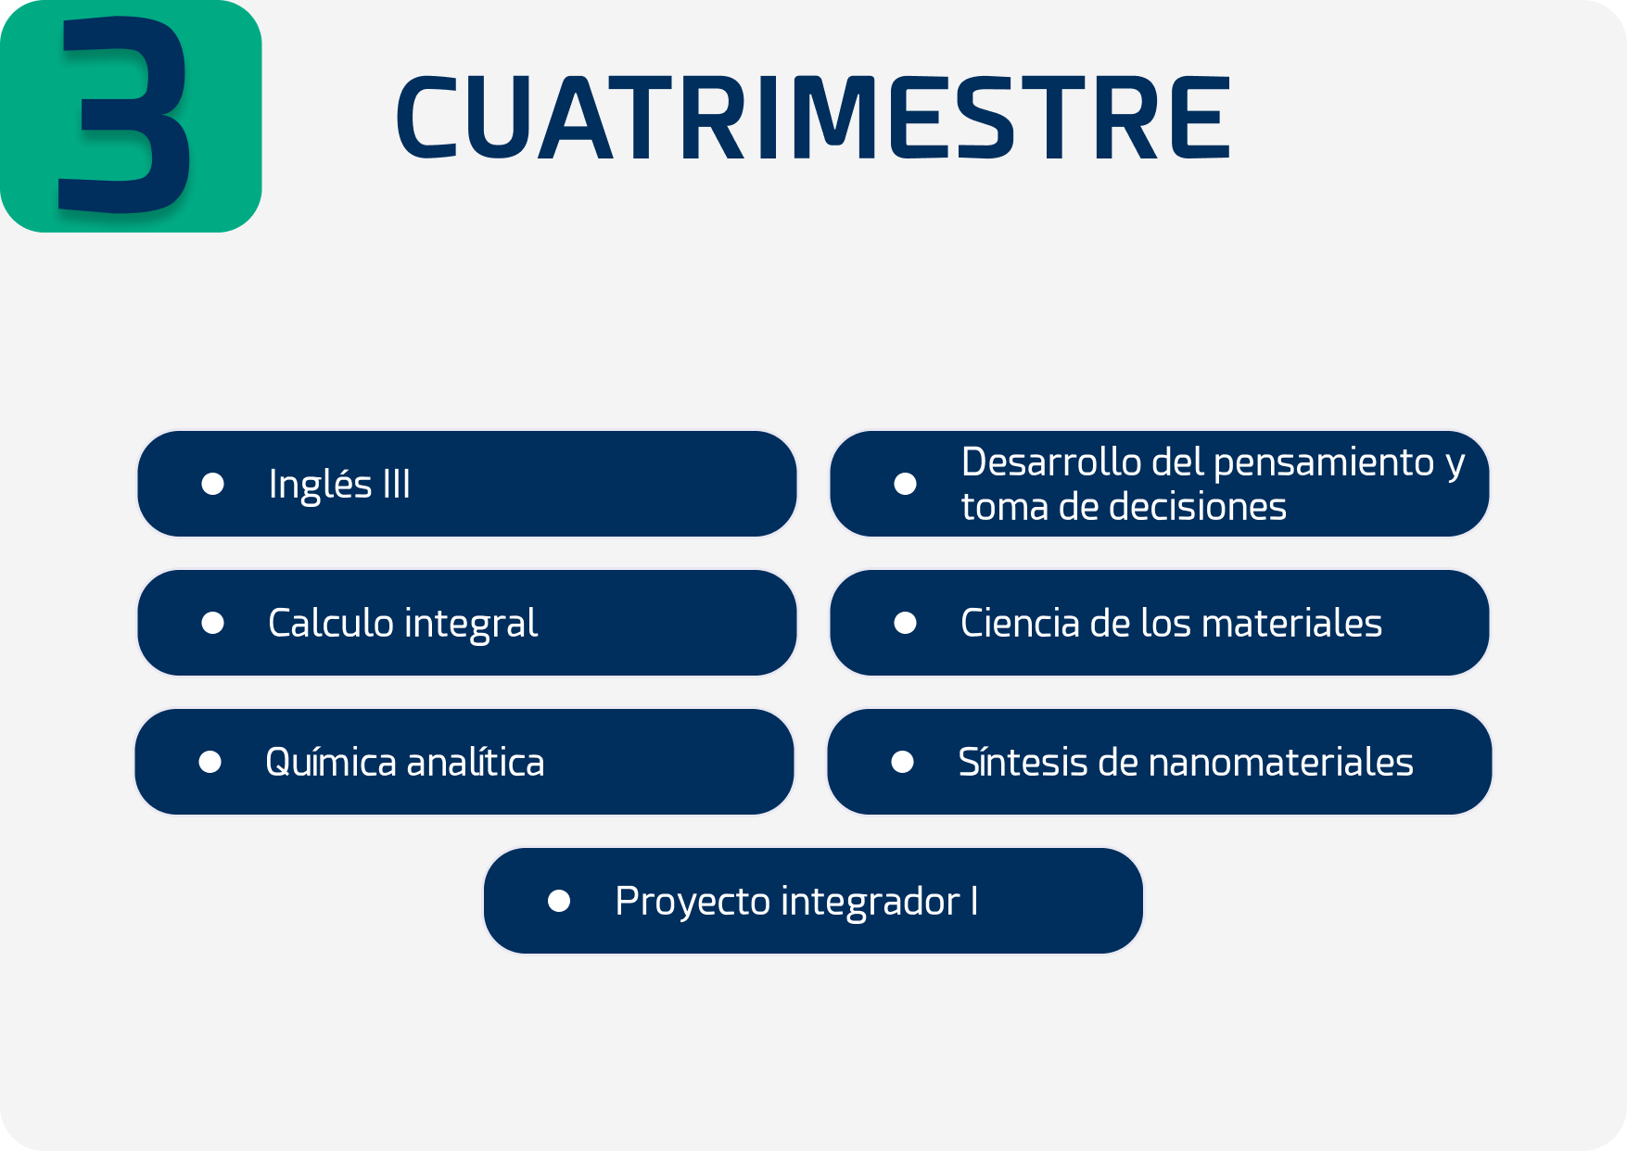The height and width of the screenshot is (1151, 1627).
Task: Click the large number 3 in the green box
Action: click(x=125, y=113)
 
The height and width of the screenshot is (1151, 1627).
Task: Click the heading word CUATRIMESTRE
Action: click(x=813, y=118)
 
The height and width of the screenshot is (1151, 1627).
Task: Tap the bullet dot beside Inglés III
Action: click(x=212, y=484)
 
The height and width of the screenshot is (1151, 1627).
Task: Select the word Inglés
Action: click(x=320, y=485)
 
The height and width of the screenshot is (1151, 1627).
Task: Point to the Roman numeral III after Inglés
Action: click(x=396, y=485)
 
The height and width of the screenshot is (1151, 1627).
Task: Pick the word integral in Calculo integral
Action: click(x=471, y=624)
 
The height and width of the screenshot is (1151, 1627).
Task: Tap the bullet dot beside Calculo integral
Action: click(x=212, y=623)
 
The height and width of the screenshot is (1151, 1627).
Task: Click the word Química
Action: click(x=330, y=762)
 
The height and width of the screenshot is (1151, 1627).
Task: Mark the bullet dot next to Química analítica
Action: click(x=210, y=762)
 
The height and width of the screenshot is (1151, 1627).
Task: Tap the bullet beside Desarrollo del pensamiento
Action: click(x=905, y=484)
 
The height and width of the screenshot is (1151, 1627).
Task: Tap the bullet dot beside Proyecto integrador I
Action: click(x=559, y=901)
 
